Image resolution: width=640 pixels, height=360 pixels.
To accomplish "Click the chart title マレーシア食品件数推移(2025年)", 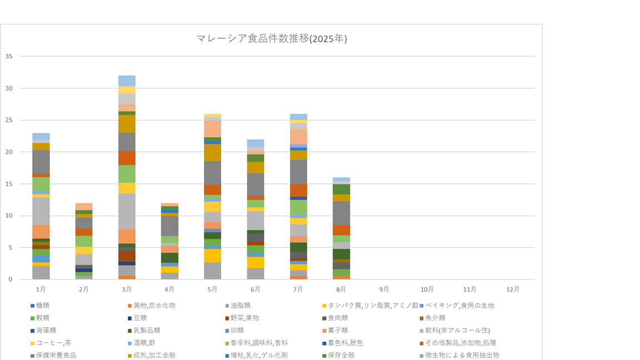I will tap(272, 38).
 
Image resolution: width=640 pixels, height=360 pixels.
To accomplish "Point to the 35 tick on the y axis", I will tap(9, 56).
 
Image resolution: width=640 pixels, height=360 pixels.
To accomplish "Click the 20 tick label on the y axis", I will tap(9, 152).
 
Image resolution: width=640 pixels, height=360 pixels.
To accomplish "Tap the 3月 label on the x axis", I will tap(127, 289).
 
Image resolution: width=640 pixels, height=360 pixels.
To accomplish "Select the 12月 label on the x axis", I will tap(513, 289).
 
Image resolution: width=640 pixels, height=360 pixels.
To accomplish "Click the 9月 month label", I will tap(384, 289).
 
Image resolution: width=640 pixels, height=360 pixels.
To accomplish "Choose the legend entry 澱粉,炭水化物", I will tap(154, 306).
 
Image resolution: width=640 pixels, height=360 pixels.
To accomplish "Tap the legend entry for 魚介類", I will tap(436, 318).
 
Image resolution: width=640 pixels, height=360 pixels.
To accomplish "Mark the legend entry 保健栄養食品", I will tap(56, 355).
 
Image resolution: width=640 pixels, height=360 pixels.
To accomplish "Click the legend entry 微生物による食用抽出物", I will tap(462, 355).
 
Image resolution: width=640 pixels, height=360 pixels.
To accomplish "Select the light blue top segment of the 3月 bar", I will tap(127, 81).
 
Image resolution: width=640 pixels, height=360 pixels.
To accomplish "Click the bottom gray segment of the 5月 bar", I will tap(213, 271).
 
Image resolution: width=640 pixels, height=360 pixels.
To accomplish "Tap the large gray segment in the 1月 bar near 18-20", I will tap(41, 162).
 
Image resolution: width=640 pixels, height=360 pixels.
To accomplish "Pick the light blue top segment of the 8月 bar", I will tap(342, 179).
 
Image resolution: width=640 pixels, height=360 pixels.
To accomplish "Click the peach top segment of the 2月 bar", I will tap(84, 207).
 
